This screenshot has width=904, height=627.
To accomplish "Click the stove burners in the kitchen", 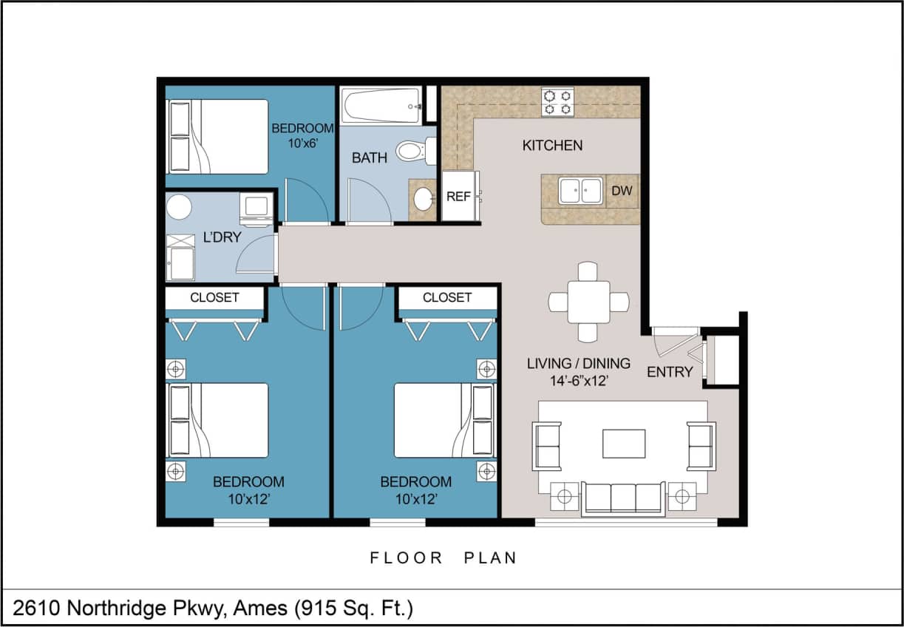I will click(x=557, y=101).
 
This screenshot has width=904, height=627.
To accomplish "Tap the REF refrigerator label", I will click(x=458, y=197).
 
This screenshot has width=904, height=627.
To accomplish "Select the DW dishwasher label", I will click(x=622, y=191).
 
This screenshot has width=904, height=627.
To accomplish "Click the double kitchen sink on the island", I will click(x=580, y=190).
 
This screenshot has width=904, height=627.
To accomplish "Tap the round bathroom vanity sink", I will click(x=424, y=199).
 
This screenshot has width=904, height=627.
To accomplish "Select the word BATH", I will click(x=370, y=157).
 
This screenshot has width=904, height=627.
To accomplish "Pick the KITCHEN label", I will click(x=552, y=146).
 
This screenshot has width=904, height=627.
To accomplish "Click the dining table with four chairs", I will click(x=588, y=302).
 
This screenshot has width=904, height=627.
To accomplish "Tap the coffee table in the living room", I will click(x=623, y=444).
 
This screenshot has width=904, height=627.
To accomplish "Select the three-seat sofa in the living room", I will click(x=623, y=498).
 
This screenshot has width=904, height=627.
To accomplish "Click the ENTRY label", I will click(x=670, y=372).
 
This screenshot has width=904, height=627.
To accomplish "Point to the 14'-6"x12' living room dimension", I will click(x=578, y=382).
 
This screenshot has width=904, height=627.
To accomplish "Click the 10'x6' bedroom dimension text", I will click(x=302, y=143).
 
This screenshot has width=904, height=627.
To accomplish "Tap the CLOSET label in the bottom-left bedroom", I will click(x=214, y=297).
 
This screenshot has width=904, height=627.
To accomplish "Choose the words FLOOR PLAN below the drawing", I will click(x=443, y=558).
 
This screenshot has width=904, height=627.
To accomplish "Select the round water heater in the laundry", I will click(x=179, y=206).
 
